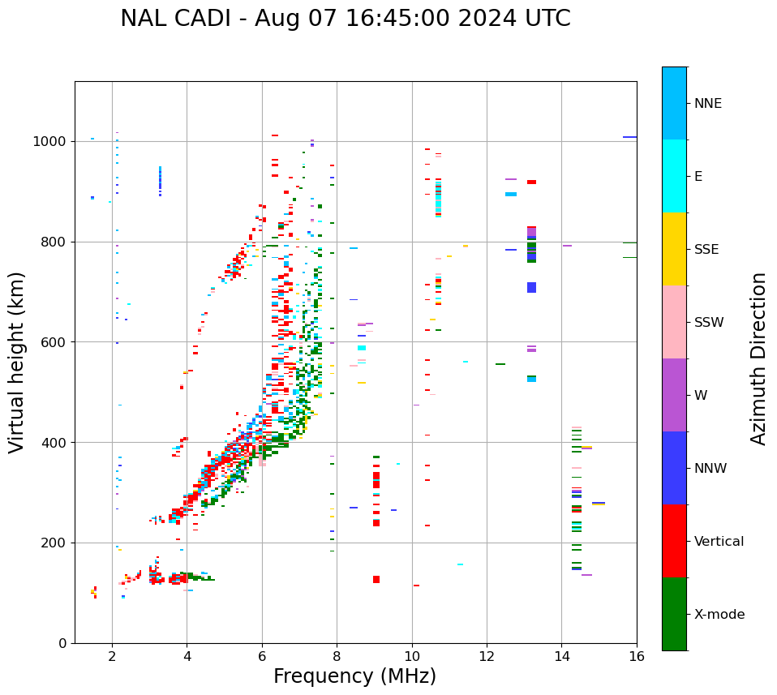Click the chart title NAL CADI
click(x=345, y=19)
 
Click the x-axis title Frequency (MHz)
click(x=354, y=676)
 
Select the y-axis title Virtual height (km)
click(x=17, y=362)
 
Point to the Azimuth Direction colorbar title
click(x=758, y=358)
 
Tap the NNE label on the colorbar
click(x=707, y=104)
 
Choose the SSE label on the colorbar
click(x=706, y=250)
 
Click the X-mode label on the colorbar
click(x=719, y=615)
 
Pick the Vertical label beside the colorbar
click(x=719, y=542)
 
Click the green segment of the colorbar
click(x=674, y=614)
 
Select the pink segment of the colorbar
click(x=674, y=322)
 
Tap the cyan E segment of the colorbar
click(x=674, y=176)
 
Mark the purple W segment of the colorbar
click(x=674, y=395)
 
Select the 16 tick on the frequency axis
click(x=637, y=656)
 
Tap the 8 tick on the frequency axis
click(x=337, y=656)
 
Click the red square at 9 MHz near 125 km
click(x=376, y=579)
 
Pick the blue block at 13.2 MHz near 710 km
click(x=531, y=287)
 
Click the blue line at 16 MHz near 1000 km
click(x=629, y=137)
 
